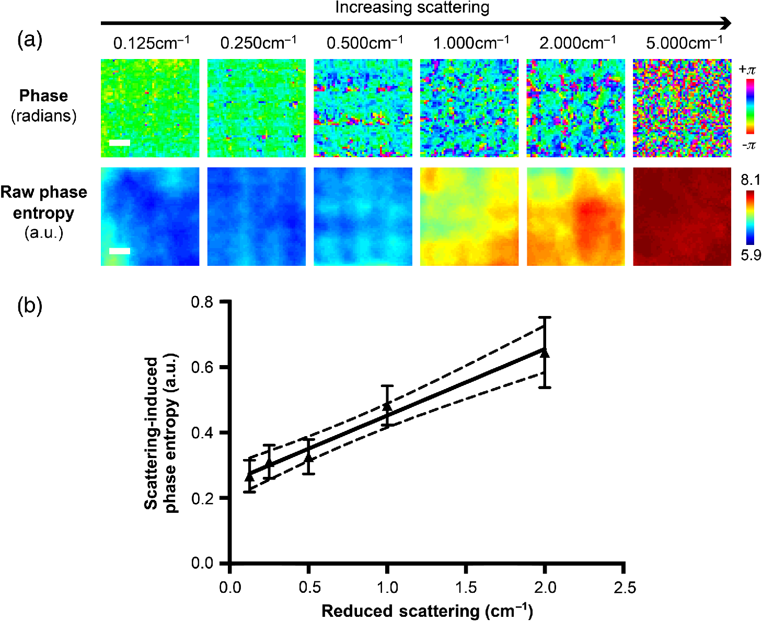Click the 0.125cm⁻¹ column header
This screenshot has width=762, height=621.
151,43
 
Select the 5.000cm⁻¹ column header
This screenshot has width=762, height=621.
684,43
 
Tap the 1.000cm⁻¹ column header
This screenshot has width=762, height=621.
471,43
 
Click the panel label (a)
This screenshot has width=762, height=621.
30,39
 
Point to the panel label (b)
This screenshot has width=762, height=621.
30,306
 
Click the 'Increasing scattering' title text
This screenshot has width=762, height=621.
412,7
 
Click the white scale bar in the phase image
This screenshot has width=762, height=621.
119,143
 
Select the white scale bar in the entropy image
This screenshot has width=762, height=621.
119,251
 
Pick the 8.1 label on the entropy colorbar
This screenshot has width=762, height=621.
750,180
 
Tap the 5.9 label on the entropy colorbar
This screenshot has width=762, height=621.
750,255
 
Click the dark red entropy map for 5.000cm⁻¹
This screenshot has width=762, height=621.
682,217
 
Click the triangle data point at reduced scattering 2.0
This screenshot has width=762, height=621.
545,353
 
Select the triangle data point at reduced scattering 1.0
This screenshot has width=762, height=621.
387,406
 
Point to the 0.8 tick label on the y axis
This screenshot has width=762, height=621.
202,302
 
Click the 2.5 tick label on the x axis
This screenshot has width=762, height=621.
625,588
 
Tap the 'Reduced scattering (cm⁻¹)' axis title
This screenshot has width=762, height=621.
427,611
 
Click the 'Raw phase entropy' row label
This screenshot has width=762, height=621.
44,203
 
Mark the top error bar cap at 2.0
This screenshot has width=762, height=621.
545,317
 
